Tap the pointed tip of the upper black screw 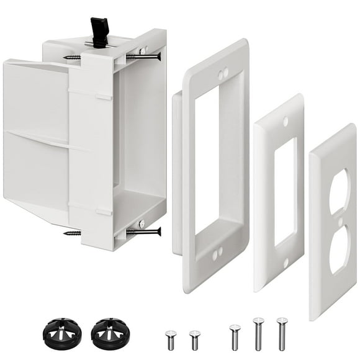[x=65, y=58]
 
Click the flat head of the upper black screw [x=159, y=56]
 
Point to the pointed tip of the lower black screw [x=65, y=233]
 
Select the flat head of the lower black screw [x=159, y=232]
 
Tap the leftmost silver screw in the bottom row [x=171, y=340]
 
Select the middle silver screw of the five [x=235, y=336]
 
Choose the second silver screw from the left [x=195, y=340]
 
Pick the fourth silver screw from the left [x=258, y=333]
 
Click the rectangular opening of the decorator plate [x=285, y=191]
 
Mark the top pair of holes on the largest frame [x=222, y=73]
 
